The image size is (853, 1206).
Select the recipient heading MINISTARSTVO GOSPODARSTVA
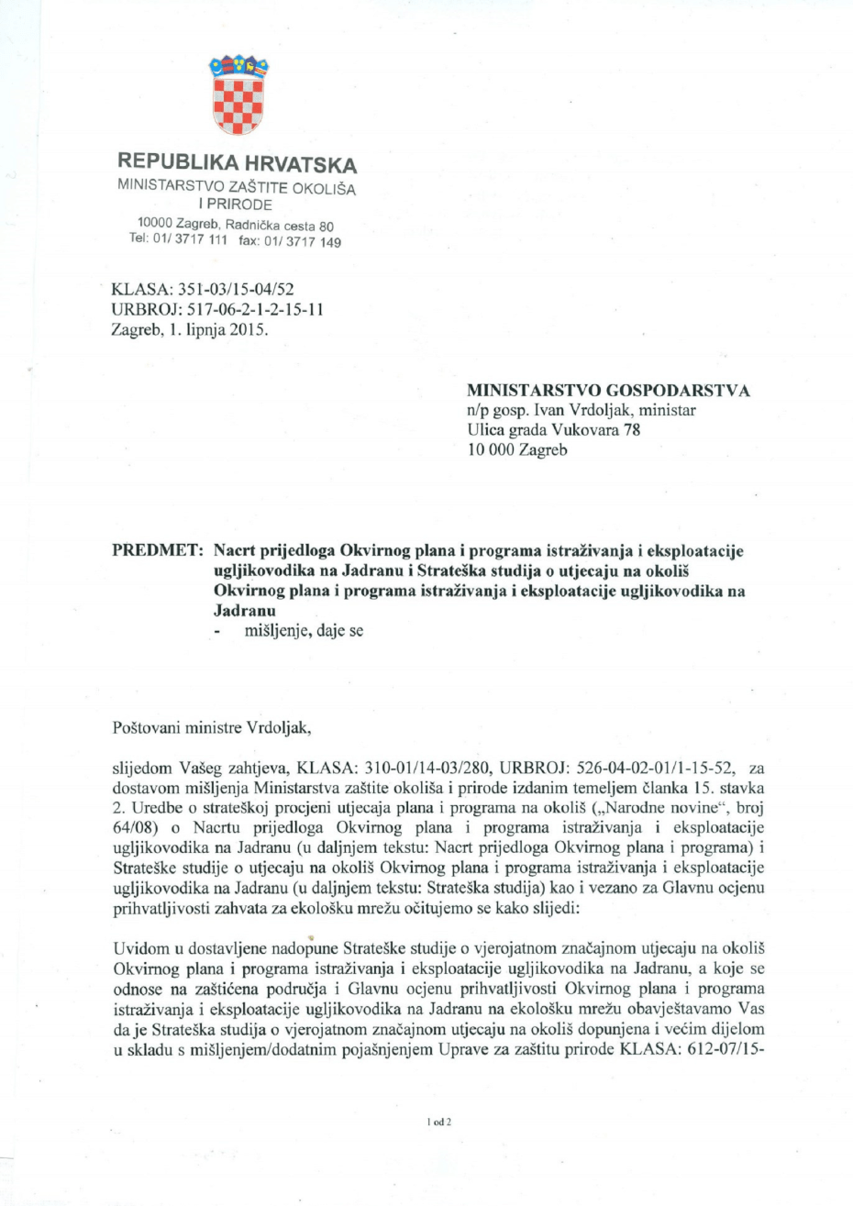coord(608,392)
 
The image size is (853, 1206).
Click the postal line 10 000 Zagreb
coord(517,450)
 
